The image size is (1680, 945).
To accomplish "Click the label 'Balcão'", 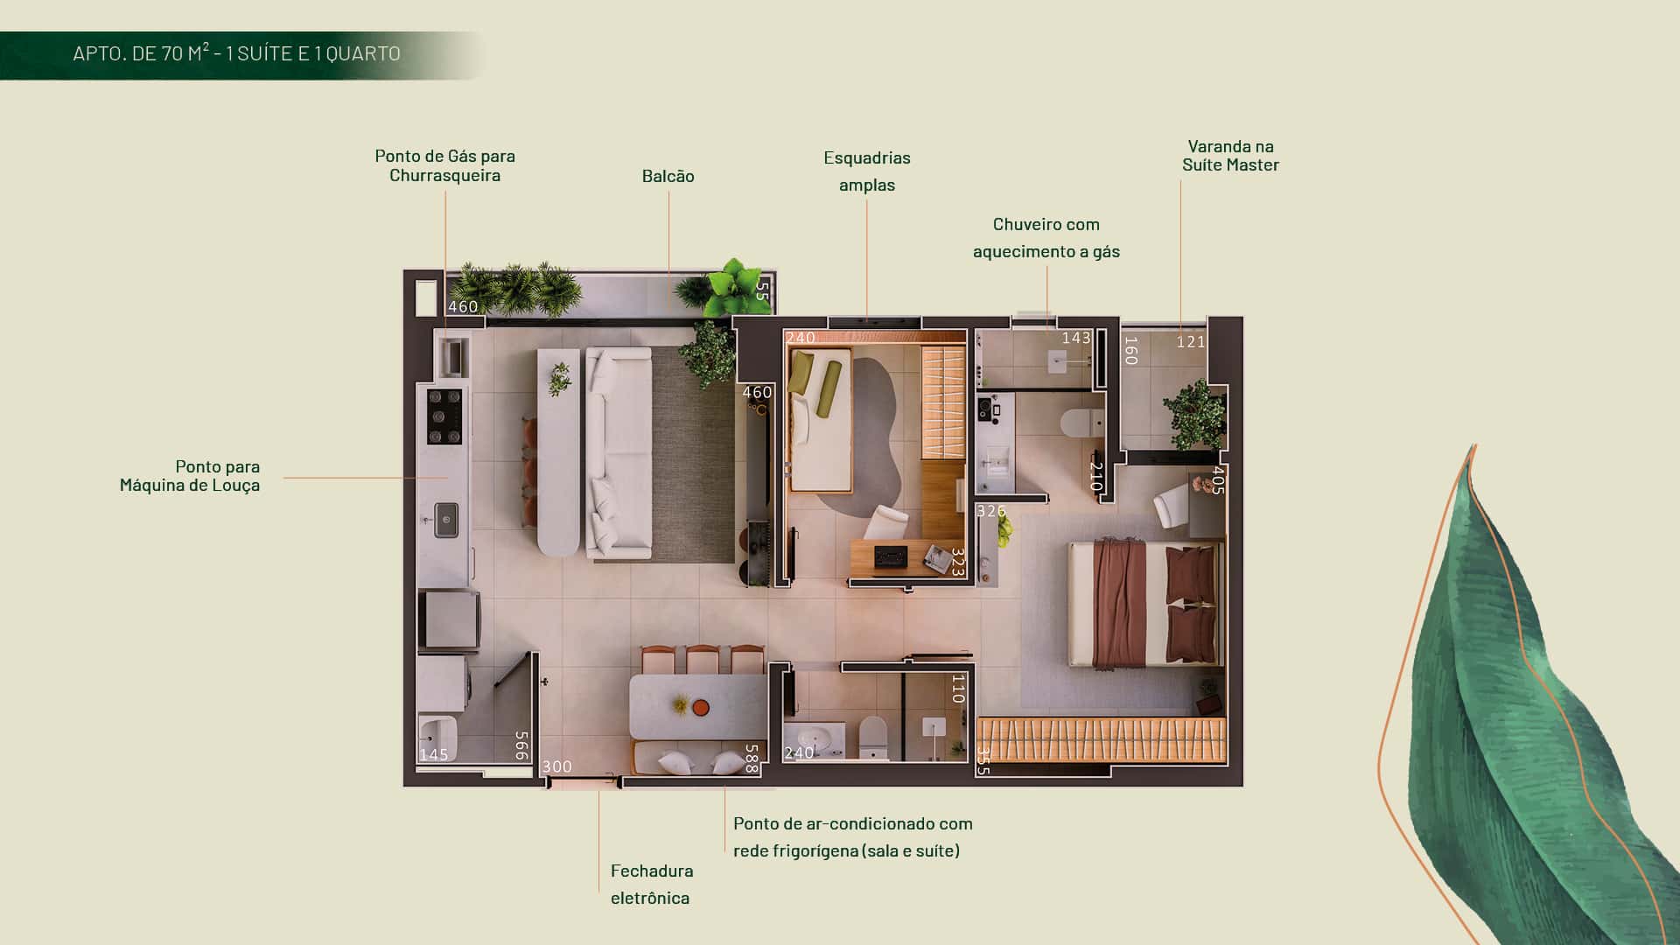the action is [x=668, y=176].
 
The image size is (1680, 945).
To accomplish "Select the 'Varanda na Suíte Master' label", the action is [x=1230, y=156].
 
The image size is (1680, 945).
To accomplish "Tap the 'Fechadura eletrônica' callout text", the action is [x=652, y=884].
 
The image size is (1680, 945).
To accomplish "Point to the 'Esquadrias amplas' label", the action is [x=867, y=171].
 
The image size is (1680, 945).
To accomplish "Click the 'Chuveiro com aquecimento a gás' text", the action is [x=1046, y=237].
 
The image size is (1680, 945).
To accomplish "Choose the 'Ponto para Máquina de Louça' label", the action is [x=190, y=476].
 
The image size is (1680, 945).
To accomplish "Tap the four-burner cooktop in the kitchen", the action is [x=444, y=416].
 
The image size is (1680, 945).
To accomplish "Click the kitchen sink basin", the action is [x=446, y=520].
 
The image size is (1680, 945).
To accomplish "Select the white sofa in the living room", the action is [x=619, y=452].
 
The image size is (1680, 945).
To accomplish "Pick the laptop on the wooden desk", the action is [x=891, y=556].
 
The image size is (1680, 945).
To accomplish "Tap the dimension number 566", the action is [x=521, y=745].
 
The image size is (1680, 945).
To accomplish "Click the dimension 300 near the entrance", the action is [x=557, y=767].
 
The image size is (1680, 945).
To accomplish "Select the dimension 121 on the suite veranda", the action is [x=1191, y=342].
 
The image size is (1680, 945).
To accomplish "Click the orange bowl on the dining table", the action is [x=701, y=706].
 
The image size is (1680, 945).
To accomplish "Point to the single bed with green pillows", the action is [x=820, y=420].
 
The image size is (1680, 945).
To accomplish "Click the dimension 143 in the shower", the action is [x=1076, y=338].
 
